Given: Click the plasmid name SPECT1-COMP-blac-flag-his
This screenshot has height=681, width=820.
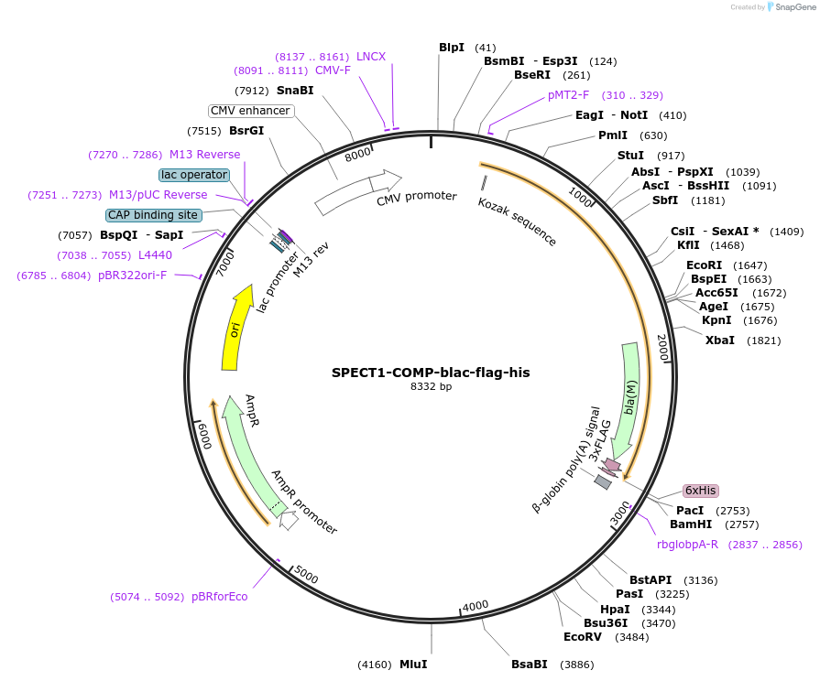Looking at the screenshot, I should click(431, 373).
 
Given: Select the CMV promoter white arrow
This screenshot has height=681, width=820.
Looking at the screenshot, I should click(358, 191).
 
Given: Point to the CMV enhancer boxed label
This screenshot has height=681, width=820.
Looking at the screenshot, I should click(250, 111).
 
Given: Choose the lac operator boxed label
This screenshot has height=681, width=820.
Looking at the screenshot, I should click(193, 174).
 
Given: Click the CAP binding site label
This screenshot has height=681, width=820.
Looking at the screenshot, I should click(153, 215).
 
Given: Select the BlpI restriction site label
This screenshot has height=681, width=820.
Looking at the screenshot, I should click(452, 48).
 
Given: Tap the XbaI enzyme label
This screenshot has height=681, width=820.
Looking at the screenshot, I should click(719, 340).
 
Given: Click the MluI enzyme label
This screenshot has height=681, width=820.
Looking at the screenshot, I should click(413, 664).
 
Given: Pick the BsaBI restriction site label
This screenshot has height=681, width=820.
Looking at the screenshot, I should click(529, 664).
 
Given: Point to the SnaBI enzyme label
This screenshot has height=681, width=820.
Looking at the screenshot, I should click(295, 91).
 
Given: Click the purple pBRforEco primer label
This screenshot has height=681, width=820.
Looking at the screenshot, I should click(219, 597).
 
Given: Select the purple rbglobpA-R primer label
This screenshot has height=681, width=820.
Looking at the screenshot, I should click(687, 545).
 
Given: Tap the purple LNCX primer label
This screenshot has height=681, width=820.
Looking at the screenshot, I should click(371, 57).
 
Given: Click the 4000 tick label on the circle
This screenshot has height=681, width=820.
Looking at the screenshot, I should click(476, 607).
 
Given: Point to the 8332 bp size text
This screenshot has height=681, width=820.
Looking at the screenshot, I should click(431, 387).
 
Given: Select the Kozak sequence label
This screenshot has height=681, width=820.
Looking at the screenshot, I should click(518, 222).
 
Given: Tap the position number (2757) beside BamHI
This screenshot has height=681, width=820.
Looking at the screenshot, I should click(740, 524).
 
